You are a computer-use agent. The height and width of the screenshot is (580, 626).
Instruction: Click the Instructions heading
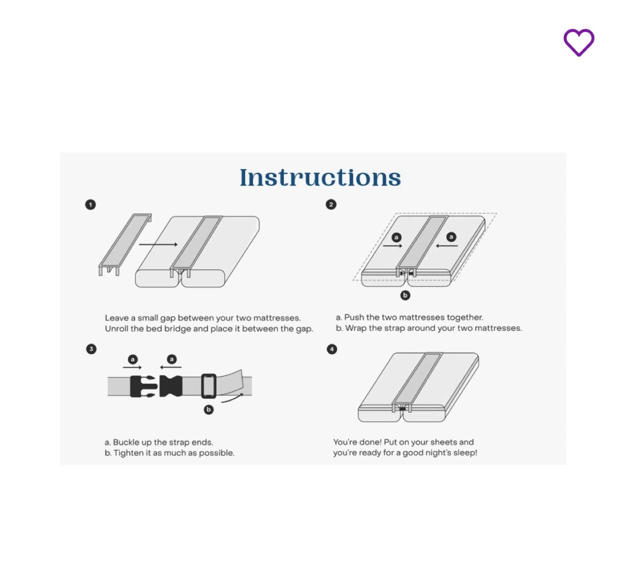320,177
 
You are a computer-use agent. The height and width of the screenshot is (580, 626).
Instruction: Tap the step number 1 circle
90,205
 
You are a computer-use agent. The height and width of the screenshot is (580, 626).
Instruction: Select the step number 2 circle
331,205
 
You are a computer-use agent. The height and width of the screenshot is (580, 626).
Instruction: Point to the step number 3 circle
91,349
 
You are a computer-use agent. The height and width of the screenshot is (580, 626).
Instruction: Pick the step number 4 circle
332,349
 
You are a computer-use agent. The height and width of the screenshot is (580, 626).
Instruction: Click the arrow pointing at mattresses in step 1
158,244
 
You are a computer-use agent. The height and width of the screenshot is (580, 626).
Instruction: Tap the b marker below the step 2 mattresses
405,295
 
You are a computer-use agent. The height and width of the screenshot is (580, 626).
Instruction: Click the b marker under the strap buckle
209,410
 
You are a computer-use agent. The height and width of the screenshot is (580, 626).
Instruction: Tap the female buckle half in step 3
171,386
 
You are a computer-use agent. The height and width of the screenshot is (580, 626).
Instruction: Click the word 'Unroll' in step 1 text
117,328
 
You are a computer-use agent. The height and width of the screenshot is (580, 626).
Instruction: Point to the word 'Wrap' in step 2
356,328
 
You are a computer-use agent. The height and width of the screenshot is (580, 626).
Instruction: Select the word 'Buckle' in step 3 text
126,442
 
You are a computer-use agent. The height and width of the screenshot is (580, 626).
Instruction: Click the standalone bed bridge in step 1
125,245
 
